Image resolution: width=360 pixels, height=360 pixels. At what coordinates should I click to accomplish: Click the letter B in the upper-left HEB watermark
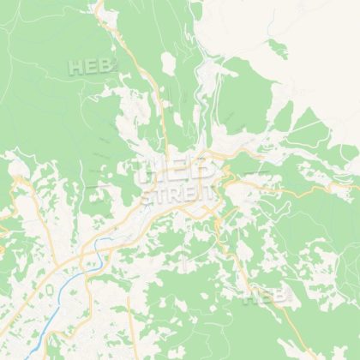point(103,66)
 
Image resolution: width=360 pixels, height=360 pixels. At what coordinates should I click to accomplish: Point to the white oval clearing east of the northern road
point(167,62)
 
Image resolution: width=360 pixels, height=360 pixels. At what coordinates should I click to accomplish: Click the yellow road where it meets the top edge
point(97,3)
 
